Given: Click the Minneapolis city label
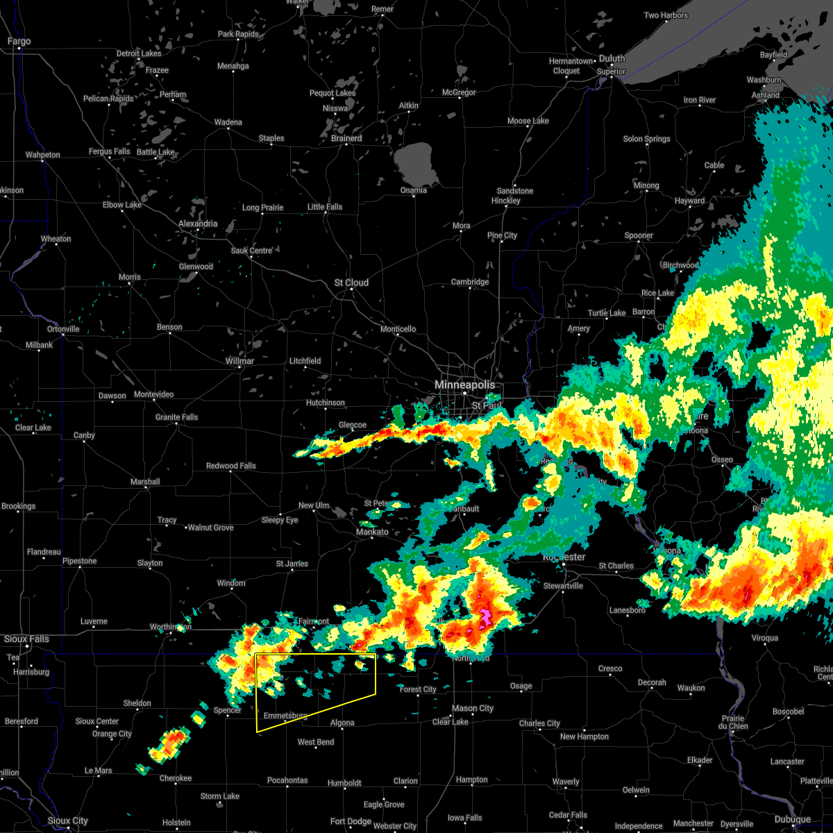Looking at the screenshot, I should point(464,385).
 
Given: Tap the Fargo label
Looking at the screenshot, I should point(19,42).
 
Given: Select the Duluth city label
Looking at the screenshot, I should point(612,59).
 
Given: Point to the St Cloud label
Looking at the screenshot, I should point(351,283).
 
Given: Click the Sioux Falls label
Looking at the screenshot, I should point(26,639).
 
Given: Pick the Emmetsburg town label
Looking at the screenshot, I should point(285,716).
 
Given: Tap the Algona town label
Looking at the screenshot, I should point(342,723).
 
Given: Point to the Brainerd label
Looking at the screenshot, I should point(346,138).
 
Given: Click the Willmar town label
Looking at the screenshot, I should point(239,362).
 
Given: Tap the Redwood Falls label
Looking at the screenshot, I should point(230,466).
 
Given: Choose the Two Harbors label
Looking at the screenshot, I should point(666,15).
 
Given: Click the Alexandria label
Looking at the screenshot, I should point(198,224).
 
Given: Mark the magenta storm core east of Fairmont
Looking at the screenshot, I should point(484,615).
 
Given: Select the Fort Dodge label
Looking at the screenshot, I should point(351,821).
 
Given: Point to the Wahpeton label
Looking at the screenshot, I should point(42,155).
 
